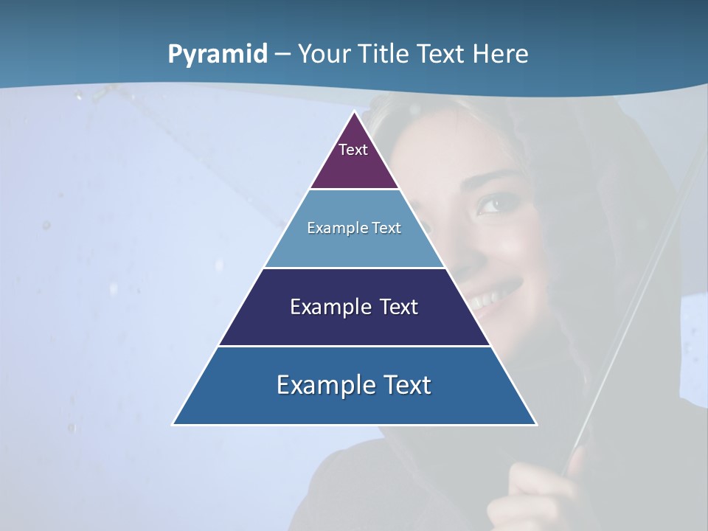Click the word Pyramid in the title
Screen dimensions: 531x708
click(x=218, y=54)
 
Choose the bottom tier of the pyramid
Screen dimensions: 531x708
click(x=354, y=406)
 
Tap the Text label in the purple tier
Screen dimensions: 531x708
click(x=353, y=150)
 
